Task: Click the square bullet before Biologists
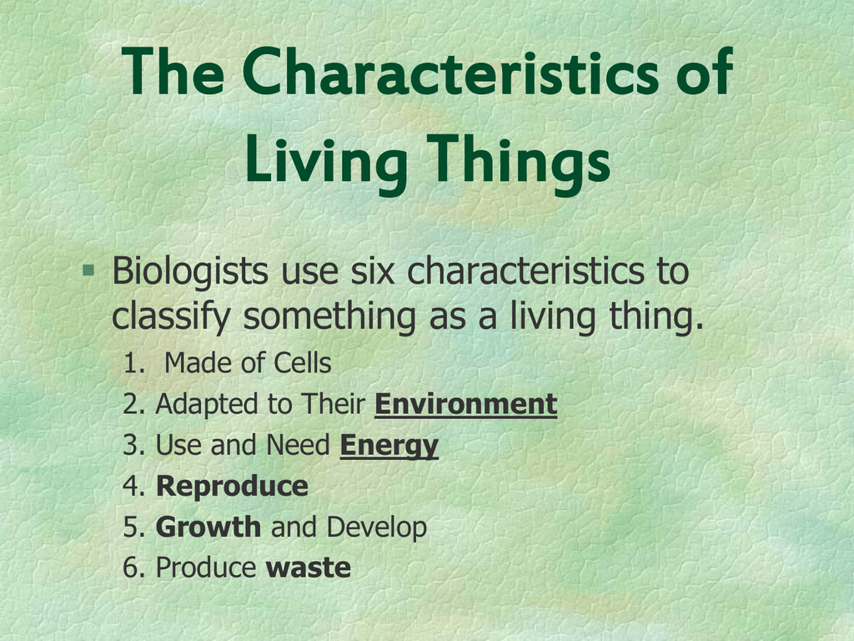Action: [x=88, y=270]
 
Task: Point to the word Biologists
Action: [x=189, y=271]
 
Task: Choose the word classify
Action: [x=171, y=317]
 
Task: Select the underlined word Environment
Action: [x=465, y=405]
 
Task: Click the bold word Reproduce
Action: [x=232, y=487]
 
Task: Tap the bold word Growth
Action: [x=208, y=527]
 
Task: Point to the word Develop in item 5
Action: [x=377, y=527]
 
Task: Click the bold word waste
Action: [x=308, y=568]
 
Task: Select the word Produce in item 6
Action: [x=206, y=568]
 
